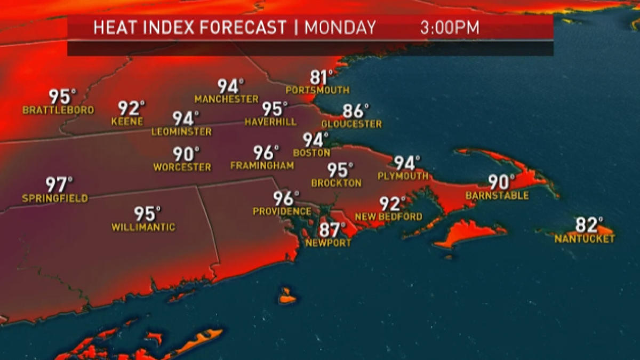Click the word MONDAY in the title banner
click(x=340, y=27)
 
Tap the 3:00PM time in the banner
click(x=450, y=27)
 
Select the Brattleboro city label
click(x=58, y=110)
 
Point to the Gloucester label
click(x=351, y=124)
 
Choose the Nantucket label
click(x=585, y=239)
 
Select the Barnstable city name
click(x=497, y=196)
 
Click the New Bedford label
click(x=388, y=217)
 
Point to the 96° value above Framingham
click(x=266, y=153)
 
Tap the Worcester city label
click(x=182, y=167)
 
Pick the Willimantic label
click(x=143, y=227)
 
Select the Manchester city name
click(x=226, y=99)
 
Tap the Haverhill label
click(x=270, y=122)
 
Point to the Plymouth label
click(x=403, y=176)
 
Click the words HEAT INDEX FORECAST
click(x=190, y=27)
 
